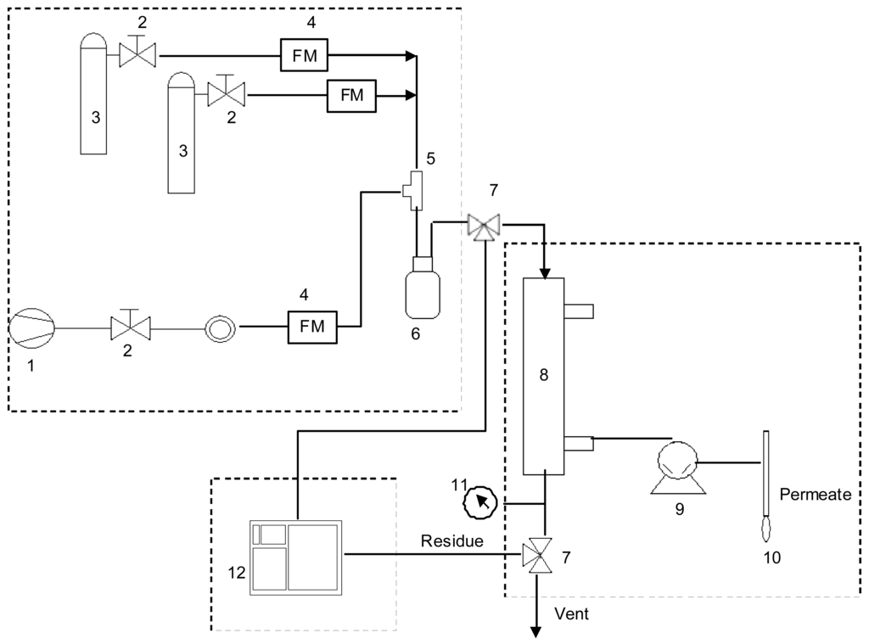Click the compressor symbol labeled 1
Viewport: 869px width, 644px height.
pos(31,327)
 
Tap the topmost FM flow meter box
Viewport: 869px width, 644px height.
pos(305,56)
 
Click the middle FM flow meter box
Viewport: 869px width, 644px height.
pos(351,96)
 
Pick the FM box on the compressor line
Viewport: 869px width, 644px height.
pos(313,326)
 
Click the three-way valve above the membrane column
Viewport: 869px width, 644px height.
pos(484,226)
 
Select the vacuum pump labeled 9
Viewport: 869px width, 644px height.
pos(676,467)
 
